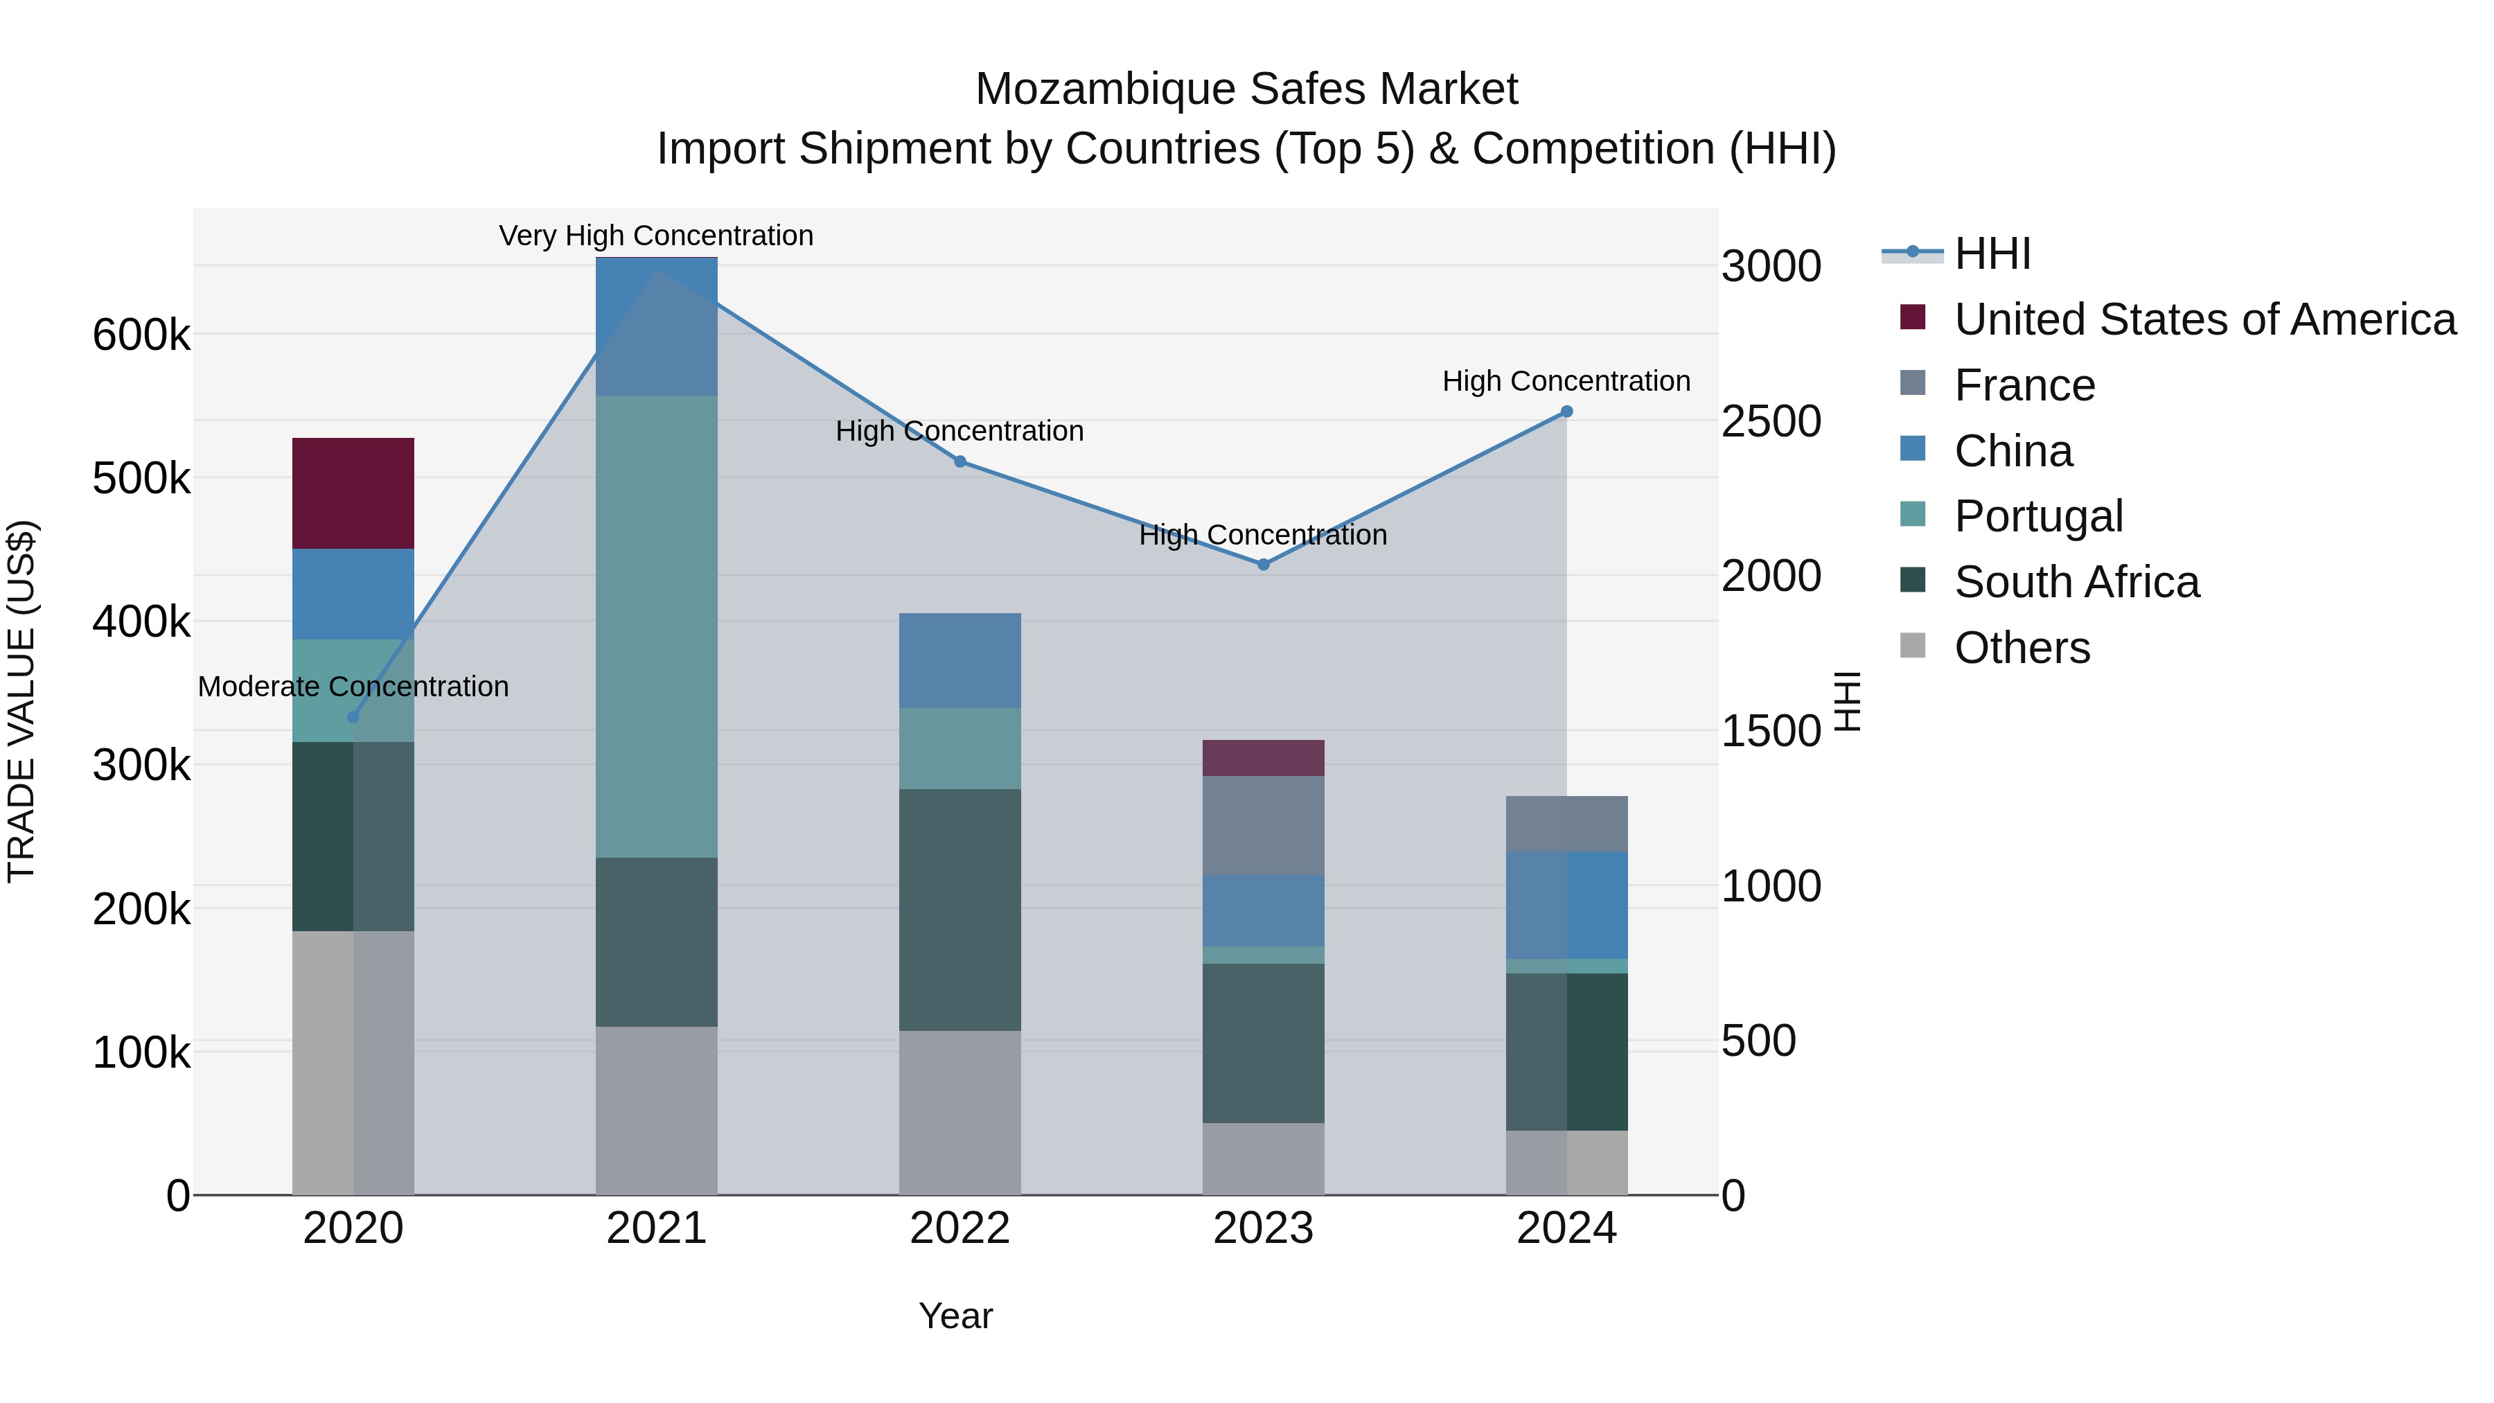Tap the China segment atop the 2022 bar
(959, 660)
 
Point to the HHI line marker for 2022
(959, 462)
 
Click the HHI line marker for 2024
(1566, 412)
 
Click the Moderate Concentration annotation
(353, 687)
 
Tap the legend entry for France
(2024, 385)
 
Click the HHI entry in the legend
(1992, 254)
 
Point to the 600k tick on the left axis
(141, 335)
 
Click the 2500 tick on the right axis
(1771, 421)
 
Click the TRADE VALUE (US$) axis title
(21, 701)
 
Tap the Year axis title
(955, 1316)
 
